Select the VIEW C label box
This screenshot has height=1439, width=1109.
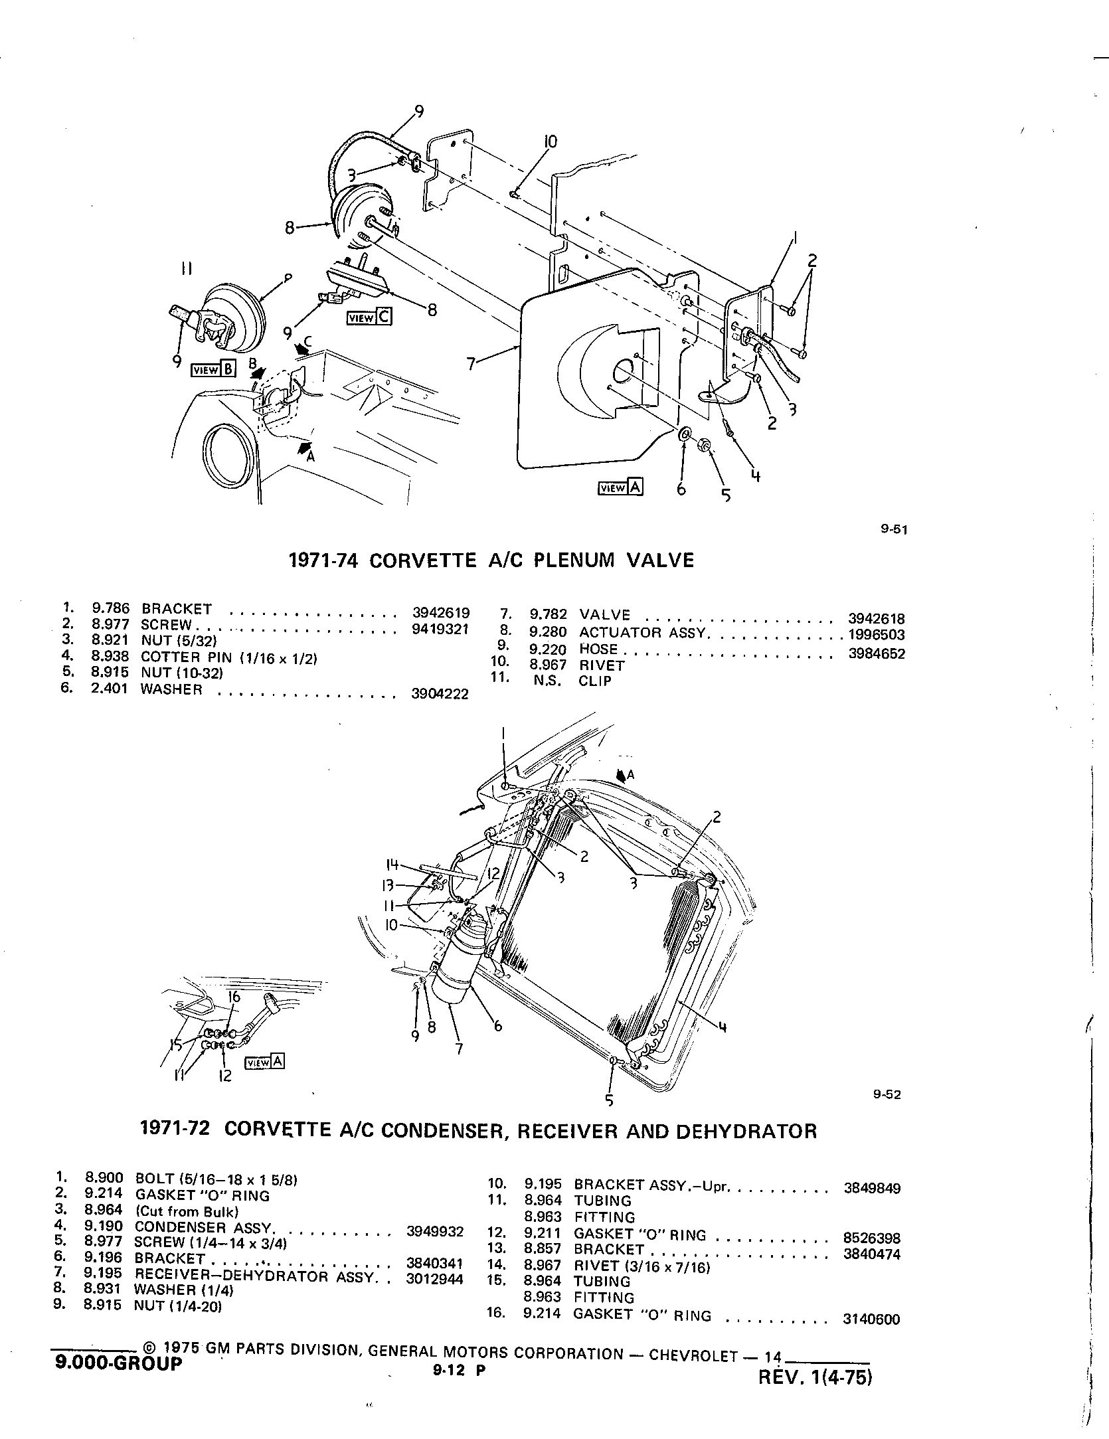pos(369,317)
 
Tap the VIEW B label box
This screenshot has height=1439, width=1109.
pos(213,370)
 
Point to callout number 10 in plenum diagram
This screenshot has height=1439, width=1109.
pos(551,141)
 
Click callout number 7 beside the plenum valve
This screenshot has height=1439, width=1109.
pos(471,364)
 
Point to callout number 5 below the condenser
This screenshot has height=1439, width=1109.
pos(609,1100)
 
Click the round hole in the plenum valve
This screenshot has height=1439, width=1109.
pos(624,373)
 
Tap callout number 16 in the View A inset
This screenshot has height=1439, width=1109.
pos(234,997)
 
